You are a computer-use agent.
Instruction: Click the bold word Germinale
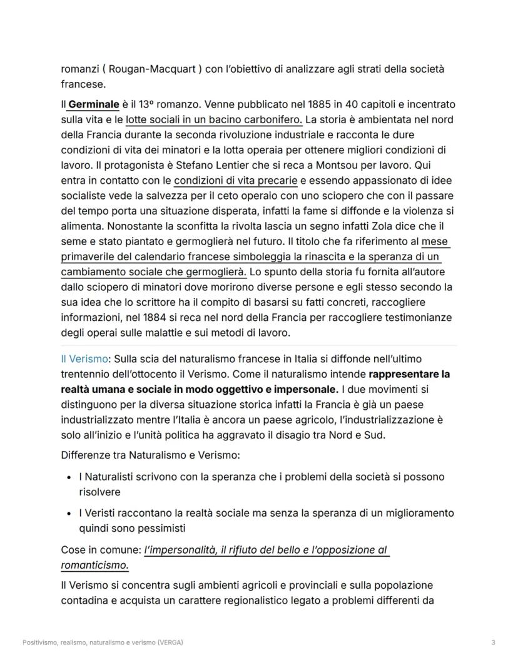tap(94, 104)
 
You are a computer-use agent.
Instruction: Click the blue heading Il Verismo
tap(84, 358)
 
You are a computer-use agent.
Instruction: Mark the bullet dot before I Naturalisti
tap(68, 477)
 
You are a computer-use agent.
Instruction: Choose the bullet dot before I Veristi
tap(68, 514)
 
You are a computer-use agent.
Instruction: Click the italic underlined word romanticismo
tap(94, 565)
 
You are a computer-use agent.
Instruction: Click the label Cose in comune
tap(100, 550)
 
